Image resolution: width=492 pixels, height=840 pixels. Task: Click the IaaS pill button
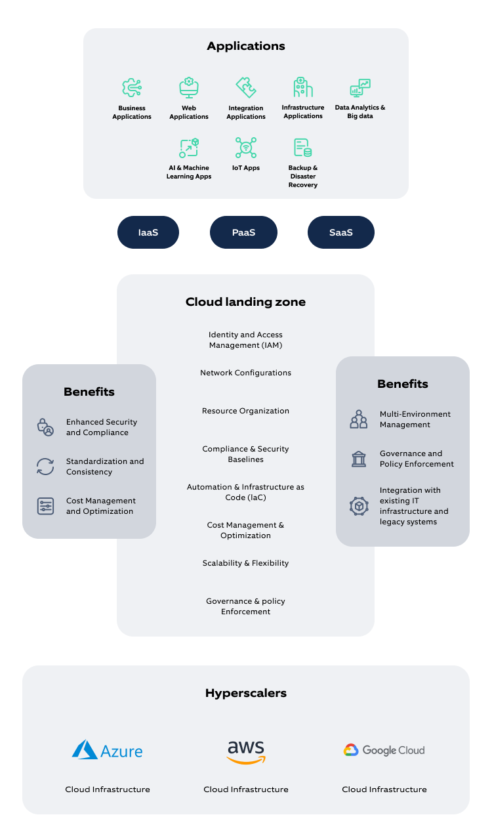(148, 232)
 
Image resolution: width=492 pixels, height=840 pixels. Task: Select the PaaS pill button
(243, 232)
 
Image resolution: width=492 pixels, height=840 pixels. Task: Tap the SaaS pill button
(341, 232)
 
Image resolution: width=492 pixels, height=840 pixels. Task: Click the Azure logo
(107, 750)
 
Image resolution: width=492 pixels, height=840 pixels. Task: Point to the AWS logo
(246, 752)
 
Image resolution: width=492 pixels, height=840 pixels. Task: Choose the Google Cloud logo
(384, 750)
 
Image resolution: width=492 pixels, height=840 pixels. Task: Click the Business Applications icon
(132, 88)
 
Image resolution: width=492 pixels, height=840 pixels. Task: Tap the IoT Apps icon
(246, 148)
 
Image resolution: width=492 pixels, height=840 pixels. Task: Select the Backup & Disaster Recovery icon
(302, 148)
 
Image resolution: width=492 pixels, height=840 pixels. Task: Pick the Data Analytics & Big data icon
(360, 88)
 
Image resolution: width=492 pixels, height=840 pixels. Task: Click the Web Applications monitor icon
(189, 88)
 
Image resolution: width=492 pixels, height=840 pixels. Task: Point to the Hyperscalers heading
(246, 693)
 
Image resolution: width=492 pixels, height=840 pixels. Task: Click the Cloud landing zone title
(245, 302)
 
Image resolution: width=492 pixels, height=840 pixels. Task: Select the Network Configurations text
(245, 373)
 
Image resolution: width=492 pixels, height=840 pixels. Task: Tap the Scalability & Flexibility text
(245, 563)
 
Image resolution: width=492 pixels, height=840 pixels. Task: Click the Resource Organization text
(245, 411)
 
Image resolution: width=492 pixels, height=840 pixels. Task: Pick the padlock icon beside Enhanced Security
(45, 427)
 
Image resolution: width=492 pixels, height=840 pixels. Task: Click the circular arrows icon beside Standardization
(45, 467)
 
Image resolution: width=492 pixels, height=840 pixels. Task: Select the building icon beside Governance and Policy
(359, 459)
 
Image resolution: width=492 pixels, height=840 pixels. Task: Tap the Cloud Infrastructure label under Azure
(108, 789)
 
